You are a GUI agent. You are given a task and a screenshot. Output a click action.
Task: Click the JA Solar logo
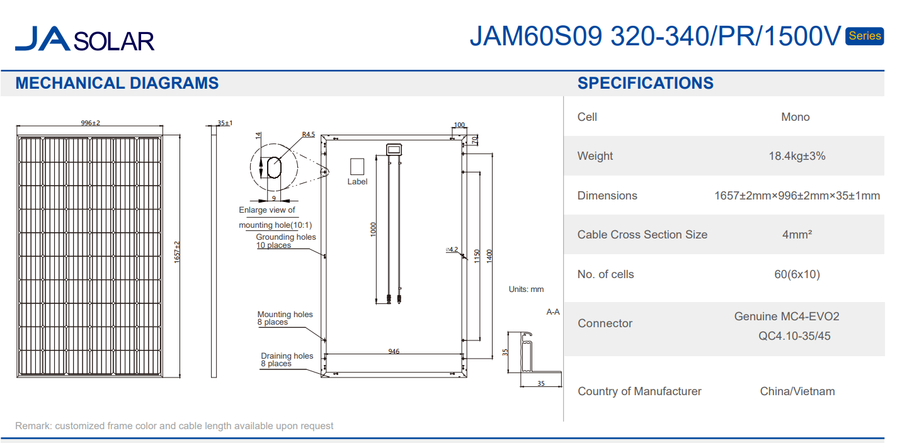pos(84,39)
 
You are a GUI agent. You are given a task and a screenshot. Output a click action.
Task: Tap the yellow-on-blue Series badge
pos(864,36)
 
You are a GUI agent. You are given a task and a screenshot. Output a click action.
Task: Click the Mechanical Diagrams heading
pos(117,83)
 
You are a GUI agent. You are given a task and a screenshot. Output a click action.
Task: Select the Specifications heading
pos(646,83)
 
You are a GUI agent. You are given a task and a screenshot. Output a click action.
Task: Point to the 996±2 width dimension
pos(90,123)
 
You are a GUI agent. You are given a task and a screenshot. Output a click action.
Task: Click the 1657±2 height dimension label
pos(177,252)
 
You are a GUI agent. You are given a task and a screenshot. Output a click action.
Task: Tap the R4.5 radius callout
pos(309,135)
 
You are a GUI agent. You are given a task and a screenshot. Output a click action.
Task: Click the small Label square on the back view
pos(357,166)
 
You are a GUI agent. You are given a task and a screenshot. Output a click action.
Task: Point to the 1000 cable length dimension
pos(373,229)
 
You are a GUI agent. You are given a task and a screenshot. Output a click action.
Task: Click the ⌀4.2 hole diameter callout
pos(452,249)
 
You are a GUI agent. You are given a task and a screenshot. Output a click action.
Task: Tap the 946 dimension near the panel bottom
pos(394,351)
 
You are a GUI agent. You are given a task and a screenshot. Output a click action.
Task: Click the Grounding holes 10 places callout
pos(286,241)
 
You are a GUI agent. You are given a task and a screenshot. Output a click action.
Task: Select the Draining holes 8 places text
pos(287,359)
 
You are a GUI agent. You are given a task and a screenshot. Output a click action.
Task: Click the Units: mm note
pos(526,289)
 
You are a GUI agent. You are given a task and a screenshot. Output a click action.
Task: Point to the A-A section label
pos(552,312)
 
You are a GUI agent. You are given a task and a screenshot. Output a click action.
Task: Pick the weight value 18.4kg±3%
pos(797,155)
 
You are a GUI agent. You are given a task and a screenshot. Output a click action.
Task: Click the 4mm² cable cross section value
pos(797,235)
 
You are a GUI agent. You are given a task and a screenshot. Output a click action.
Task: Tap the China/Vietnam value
pos(797,391)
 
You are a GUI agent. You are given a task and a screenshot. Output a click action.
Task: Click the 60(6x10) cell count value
pos(797,274)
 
